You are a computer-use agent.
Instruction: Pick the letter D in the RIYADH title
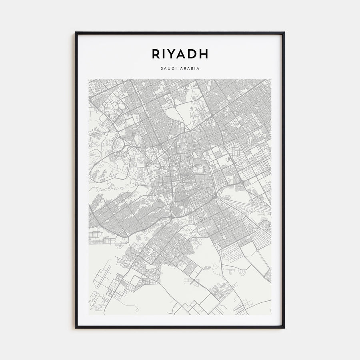click(x=195, y=54)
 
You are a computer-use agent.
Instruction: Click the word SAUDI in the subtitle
click(x=168, y=68)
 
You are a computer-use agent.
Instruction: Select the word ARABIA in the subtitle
click(x=190, y=68)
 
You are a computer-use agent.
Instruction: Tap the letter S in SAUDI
click(x=162, y=68)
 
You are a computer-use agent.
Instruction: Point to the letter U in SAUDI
click(x=169, y=68)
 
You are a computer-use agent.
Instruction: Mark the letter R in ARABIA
click(x=186, y=68)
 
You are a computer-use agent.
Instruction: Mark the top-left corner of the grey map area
click(x=89, y=80)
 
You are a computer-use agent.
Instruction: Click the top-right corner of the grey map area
click(x=271, y=80)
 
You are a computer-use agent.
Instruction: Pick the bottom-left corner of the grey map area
click(x=89, y=315)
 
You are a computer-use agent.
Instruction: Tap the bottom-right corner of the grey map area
click(x=271, y=315)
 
